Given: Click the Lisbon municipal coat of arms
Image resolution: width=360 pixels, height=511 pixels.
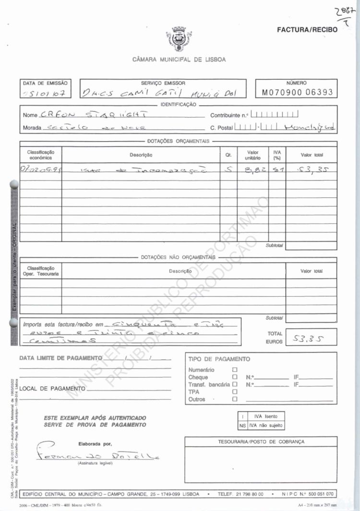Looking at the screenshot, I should (179, 38).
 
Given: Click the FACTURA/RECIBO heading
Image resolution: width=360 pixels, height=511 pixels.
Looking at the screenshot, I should (307, 30).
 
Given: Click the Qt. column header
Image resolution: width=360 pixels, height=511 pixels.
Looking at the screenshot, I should (228, 155).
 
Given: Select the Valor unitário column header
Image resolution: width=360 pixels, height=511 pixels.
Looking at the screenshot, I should (252, 155).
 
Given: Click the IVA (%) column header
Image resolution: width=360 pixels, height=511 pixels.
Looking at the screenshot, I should (276, 155).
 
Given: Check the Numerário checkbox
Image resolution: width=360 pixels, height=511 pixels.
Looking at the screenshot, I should (235, 370).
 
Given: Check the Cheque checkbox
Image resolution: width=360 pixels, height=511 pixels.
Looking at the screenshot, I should (235, 377).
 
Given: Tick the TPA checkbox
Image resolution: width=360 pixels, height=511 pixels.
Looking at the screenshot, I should (235, 392).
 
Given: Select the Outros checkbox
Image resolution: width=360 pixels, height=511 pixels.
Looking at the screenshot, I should (235, 399).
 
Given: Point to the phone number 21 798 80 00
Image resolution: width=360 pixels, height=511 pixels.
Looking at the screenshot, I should (247, 494).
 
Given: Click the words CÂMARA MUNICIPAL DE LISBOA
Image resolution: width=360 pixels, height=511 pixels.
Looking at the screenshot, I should (179, 60).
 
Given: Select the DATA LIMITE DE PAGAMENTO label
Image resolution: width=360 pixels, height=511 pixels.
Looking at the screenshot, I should (60, 358).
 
